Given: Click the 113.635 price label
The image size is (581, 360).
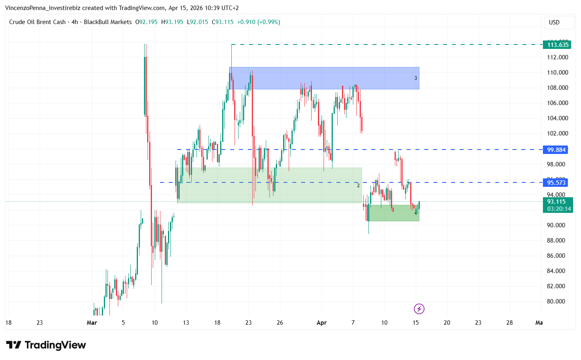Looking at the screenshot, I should click(x=558, y=45).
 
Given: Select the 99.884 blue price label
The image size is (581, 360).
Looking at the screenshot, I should click(x=556, y=150).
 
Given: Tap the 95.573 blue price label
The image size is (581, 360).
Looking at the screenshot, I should click(x=556, y=183).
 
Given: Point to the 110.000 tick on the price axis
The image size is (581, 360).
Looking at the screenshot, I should click(x=557, y=73).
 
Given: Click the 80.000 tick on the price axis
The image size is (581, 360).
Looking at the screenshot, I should click(x=556, y=301).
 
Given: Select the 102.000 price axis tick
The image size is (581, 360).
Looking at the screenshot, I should click(x=557, y=133).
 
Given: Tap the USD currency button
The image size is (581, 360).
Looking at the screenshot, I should click(x=554, y=22).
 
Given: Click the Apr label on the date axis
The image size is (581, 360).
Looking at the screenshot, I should click(x=322, y=323).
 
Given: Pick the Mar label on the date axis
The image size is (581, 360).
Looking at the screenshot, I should click(x=92, y=323).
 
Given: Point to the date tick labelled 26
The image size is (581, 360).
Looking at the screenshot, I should click(x=280, y=323).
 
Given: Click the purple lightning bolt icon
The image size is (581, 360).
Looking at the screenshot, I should click(x=419, y=309).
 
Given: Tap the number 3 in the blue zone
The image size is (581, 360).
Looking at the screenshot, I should click(x=416, y=78).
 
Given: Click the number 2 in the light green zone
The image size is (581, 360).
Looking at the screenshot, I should click(x=358, y=186).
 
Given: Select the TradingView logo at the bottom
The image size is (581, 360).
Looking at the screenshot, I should click(x=46, y=345).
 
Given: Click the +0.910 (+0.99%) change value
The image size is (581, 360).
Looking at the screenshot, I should click(x=259, y=22).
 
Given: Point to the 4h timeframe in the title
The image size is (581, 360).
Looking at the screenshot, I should click(x=75, y=22).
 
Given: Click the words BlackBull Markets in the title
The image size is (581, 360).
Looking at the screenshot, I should click(x=108, y=22).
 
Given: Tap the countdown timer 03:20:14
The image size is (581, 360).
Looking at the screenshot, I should click(x=559, y=209).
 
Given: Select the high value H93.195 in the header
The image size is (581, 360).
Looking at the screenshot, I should click(x=172, y=22).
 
